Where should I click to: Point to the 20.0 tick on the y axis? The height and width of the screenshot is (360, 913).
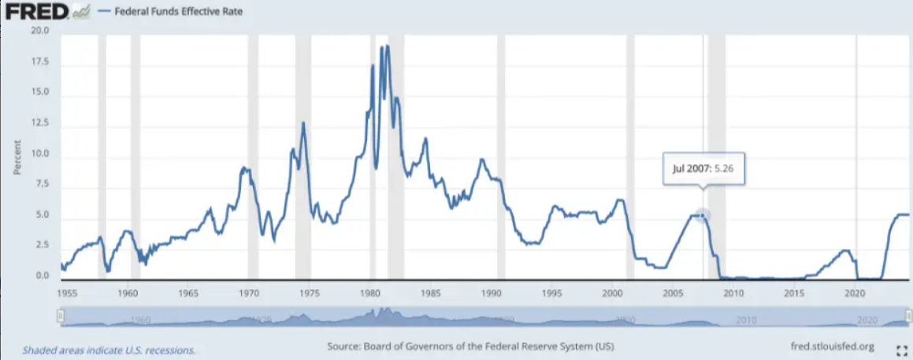click(39, 32)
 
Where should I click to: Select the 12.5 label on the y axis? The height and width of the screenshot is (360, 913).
click(39, 124)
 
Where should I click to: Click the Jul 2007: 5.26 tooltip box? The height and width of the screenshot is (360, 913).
click(703, 168)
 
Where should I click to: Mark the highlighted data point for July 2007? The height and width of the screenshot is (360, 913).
click(703, 214)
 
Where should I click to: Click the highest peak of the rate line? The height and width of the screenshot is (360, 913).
click(387, 46)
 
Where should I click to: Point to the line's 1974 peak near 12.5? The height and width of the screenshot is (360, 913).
click(303, 123)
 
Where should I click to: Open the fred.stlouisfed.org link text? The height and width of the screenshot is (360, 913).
click(833, 347)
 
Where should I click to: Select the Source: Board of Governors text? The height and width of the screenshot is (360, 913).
click(469, 347)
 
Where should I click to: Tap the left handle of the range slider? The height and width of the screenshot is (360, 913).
click(60, 317)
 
